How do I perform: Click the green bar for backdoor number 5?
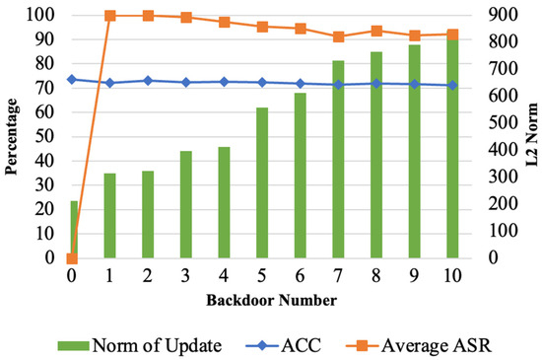(262, 182)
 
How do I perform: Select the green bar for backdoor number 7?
(338, 159)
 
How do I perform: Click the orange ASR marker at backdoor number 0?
(72, 258)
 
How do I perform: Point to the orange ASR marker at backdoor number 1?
(109, 16)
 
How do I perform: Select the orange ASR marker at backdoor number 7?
(338, 36)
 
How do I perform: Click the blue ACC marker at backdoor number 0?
(72, 79)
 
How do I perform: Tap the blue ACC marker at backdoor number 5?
(262, 82)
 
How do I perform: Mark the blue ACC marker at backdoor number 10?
(452, 85)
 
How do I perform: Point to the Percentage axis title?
(11, 137)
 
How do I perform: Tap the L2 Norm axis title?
(530, 137)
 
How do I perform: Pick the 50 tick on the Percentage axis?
(43, 137)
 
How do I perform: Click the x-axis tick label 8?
(375, 276)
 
